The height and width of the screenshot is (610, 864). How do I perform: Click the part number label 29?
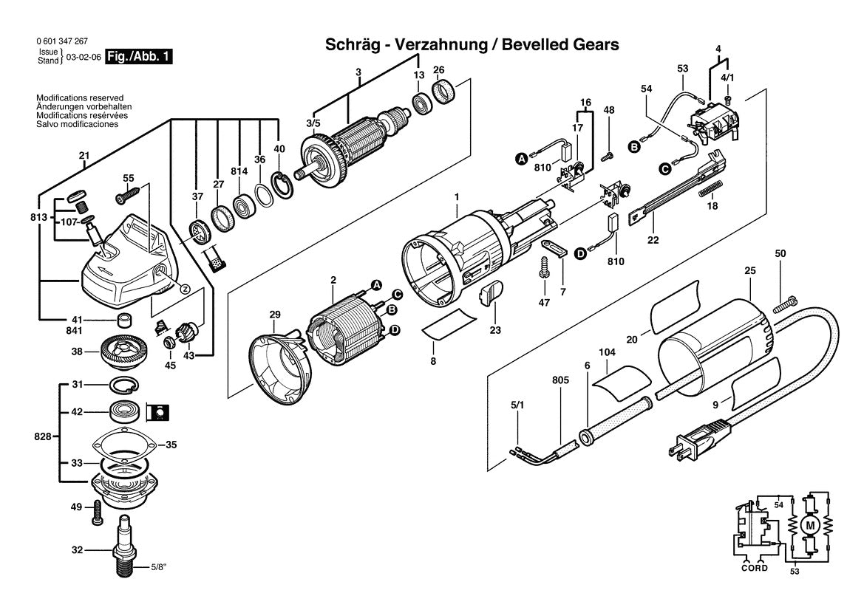point(275,315)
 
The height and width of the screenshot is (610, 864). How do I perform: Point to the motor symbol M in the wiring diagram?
point(809,525)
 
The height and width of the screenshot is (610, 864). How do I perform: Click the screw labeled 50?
point(783,304)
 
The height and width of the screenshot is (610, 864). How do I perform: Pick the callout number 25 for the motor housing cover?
point(750,272)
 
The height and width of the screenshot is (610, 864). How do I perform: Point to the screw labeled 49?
point(95,512)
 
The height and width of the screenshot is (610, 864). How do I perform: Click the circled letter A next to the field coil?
point(375,284)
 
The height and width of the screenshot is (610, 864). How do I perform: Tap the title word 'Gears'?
point(592,45)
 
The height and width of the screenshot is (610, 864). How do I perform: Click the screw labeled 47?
point(544,266)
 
